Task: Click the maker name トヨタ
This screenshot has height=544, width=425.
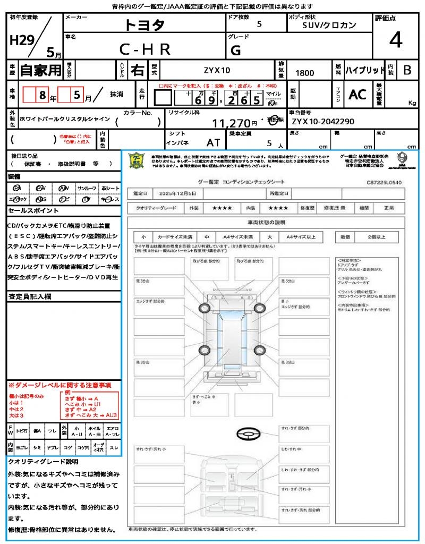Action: point(145,25)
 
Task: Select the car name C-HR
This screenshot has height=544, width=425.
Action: point(145,49)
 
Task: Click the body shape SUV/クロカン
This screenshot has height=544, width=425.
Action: point(329,25)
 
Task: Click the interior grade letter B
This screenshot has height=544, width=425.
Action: point(407,70)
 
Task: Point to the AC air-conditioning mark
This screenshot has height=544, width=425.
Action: point(358,95)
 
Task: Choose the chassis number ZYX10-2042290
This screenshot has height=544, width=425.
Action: point(322,122)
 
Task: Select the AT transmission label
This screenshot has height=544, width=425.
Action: point(214,143)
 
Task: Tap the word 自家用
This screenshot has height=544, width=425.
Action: point(41,70)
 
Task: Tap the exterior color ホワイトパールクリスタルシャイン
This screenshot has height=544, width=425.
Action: point(64,119)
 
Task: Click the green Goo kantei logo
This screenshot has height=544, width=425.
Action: point(138,160)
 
